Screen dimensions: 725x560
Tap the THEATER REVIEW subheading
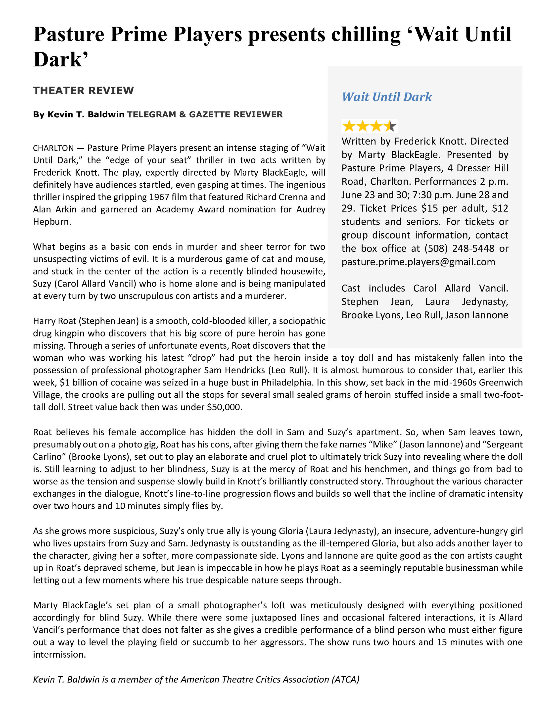click(83, 90)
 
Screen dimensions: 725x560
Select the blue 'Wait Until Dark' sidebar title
click(387, 97)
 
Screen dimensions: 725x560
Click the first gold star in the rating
click(349, 126)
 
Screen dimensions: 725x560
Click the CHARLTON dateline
click(54, 148)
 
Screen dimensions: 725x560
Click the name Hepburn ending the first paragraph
click(52, 222)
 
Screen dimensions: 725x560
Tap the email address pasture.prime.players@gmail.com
click(418, 262)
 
